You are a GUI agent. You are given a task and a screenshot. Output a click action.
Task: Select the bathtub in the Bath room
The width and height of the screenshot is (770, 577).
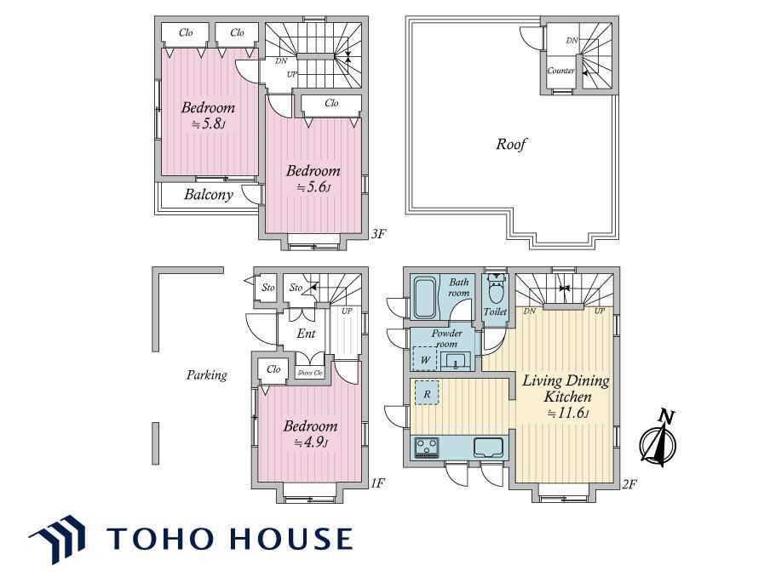coord(425,299)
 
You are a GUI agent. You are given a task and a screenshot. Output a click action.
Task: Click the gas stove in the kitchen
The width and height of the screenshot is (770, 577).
coord(426,448)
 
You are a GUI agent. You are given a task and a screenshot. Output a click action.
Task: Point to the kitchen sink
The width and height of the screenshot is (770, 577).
coord(488,447)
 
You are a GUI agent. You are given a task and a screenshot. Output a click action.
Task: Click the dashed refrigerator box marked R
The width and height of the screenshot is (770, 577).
coord(427,393)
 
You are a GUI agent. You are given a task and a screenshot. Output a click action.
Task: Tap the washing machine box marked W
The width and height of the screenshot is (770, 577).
coord(425,359)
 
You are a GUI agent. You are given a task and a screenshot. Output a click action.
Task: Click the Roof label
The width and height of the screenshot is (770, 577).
coord(511,144)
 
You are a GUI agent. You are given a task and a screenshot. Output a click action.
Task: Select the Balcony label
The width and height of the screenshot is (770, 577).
coord(208,195)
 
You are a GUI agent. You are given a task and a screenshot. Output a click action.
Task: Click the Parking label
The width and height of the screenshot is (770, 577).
coord(207,375)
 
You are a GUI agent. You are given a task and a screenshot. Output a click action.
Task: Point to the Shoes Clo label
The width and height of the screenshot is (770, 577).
coord(310,373)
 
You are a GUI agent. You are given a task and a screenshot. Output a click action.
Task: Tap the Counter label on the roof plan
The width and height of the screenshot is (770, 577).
coord(560,70)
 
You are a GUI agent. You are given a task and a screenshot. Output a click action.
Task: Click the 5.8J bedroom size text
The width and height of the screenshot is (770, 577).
coord(208,123)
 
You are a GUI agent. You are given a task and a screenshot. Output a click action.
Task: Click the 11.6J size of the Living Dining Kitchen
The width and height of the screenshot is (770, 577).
coord(568,413)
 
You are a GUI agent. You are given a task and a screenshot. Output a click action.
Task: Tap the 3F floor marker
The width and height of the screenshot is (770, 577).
coord(377,234)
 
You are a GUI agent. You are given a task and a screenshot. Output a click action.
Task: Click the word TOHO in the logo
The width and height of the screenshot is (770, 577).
coord(165,538)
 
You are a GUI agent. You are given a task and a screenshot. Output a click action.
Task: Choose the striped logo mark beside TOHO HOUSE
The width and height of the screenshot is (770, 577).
coord(57,538)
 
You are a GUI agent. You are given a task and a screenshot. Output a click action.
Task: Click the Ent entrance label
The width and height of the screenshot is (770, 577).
coord(306,334)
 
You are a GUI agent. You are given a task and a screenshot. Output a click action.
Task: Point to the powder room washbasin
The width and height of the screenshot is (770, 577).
coord(457,362)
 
